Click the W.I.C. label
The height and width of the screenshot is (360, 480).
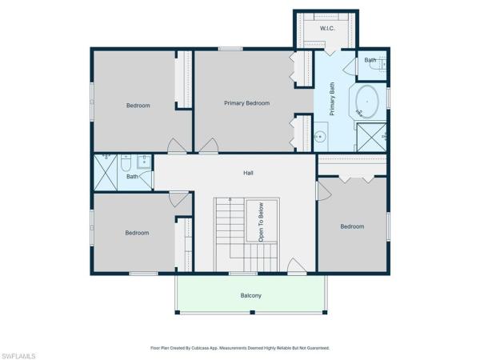click(x=327, y=29)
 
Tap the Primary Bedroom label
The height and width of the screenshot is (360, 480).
click(x=246, y=103)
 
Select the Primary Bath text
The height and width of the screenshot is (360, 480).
click(x=332, y=98)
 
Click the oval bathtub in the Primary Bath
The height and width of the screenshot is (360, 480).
click(x=367, y=102)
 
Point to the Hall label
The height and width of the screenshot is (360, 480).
click(x=248, y=173)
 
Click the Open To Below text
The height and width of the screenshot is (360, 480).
click(x=261, y=222)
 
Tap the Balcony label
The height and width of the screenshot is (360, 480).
click(x=250, y=295)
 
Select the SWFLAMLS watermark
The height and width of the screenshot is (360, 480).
click(x=18, y=356)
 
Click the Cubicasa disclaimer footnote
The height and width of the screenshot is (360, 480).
click(x=240, y=348)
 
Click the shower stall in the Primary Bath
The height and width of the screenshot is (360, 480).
click(x=372, y=137)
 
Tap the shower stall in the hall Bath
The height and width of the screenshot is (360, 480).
click(x=106, y=173)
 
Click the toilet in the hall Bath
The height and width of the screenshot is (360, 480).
click(x=126, y=162)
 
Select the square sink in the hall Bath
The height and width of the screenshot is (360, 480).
click(x=143, y=162)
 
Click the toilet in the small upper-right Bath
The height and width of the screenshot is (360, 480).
click(x=381, y=64)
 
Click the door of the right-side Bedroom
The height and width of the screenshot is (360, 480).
click(x=324, y=191)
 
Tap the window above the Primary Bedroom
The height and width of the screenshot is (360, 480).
click(x=230, y=49)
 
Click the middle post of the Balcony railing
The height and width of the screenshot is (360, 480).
click(x=253, y=312)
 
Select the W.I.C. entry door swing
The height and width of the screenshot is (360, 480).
click(x=330, y=52)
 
